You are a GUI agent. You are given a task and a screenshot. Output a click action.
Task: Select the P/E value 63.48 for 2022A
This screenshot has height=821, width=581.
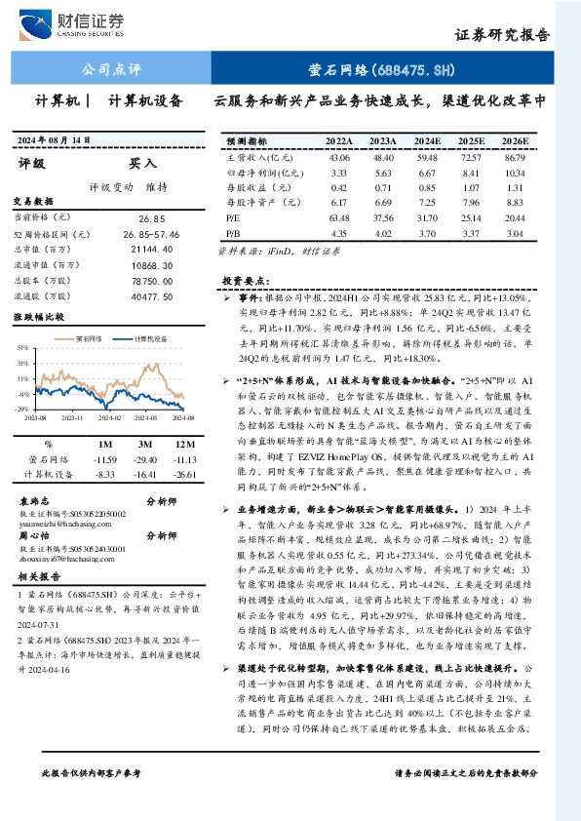[x=339, y=218]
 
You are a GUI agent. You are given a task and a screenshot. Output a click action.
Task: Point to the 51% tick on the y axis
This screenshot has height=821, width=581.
[x=19, y=346]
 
